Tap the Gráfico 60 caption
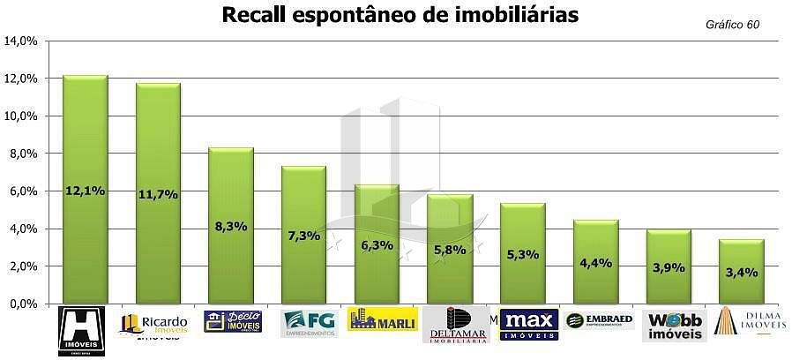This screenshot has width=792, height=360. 732,25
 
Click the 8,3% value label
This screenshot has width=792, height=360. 230,226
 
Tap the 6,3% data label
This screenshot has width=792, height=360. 376,245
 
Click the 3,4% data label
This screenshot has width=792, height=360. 741,272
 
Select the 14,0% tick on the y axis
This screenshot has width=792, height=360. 21,41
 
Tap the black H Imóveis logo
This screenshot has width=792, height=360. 81,332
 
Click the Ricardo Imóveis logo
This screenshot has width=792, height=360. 155,325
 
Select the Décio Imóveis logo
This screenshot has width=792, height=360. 232,321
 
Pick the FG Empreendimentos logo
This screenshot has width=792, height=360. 309,323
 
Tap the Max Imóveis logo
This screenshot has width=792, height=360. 528,324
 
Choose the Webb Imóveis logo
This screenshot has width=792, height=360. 674,325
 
